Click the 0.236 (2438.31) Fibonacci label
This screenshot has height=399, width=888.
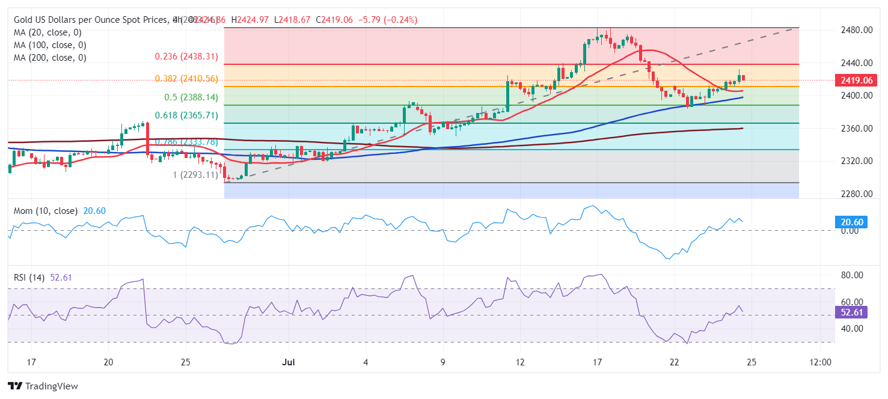pyautogui.click(x=186, y=56)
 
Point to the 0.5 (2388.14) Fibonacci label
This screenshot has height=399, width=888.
pyautogui.click(x=191, y=97)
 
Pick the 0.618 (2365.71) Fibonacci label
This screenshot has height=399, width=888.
pyautogui.click(x=186, y=115)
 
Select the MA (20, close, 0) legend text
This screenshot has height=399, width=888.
pyautogui.click(x=47, y=32)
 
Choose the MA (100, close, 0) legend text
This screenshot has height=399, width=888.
pyautogui.click(x=50, y=45)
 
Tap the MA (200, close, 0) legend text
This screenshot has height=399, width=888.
pyautogui.click(x=50, y=58)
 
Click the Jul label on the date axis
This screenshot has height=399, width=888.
pyautogui.click(x=288, y=362)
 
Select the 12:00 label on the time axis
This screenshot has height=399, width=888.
pyautogui.click(x=820, y=362)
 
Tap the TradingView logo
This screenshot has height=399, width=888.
pyautogui.click(x=43, y=386)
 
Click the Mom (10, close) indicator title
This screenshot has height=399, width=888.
pyautogui.click(x=46, y=211)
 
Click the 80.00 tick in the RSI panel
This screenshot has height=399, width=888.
pyautogui.click(x=851, y=275)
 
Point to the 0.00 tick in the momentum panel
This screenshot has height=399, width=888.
pyautogui.click(x=849, y=231)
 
